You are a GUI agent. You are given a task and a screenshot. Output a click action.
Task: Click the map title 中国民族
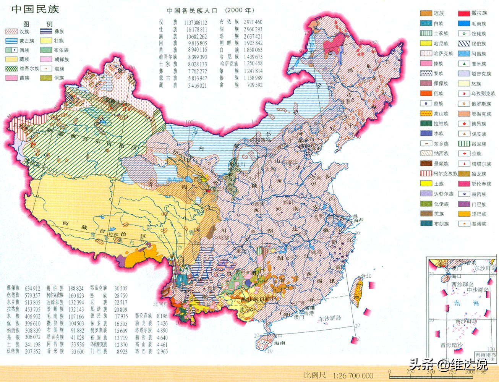tap(35, 9)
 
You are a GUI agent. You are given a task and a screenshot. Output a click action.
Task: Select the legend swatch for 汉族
tap(11, 32)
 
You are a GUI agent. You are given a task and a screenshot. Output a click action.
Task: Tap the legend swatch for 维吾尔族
tap(11, 69)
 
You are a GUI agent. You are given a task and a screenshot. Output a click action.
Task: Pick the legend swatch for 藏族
tap(11, 59)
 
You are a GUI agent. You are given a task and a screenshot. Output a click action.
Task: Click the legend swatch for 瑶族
tap(426, 13)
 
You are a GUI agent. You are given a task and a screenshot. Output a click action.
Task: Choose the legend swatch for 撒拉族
tap(464, 13)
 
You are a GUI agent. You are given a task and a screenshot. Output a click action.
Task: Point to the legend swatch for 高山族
tap(426, 113)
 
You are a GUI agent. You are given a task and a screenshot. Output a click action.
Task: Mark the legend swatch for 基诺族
tap(464, 224)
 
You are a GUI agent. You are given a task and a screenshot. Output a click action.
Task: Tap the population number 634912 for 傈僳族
tap(32, 288)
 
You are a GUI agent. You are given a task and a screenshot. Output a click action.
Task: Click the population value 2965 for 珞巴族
tap(162, 351)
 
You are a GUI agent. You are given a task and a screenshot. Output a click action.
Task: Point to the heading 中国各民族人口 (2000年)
tap(210, 11)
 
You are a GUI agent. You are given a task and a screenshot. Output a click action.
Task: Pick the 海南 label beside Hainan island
tap(279, 343)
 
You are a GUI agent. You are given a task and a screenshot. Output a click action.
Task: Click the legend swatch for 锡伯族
tap(464, 44)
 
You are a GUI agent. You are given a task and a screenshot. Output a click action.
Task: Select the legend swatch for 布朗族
tap(426, 224)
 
